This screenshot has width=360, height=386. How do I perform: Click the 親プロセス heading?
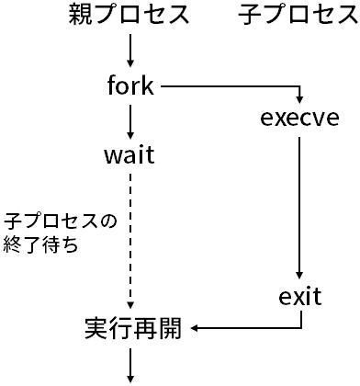pos(129,16)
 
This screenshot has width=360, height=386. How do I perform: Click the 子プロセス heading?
pos(298,16)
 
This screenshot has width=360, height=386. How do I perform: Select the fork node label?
pos(130,87)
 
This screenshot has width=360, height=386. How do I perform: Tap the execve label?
pos(299,119)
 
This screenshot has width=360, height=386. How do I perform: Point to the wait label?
pos(129,155)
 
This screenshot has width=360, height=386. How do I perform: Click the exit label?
pos(299,297)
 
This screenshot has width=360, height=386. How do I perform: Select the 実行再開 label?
pos(131,328)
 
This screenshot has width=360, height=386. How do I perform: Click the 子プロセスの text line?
pos(62,222)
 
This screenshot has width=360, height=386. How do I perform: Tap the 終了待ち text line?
pos(41,245)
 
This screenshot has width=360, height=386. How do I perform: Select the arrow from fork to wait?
pos(130,119)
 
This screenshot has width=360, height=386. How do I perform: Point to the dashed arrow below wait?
pos(130,239)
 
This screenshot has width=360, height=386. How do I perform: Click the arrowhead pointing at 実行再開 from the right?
pos(195,328)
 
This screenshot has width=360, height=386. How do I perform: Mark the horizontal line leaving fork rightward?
pos(230,87)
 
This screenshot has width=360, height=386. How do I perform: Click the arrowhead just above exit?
pos(299,276)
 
